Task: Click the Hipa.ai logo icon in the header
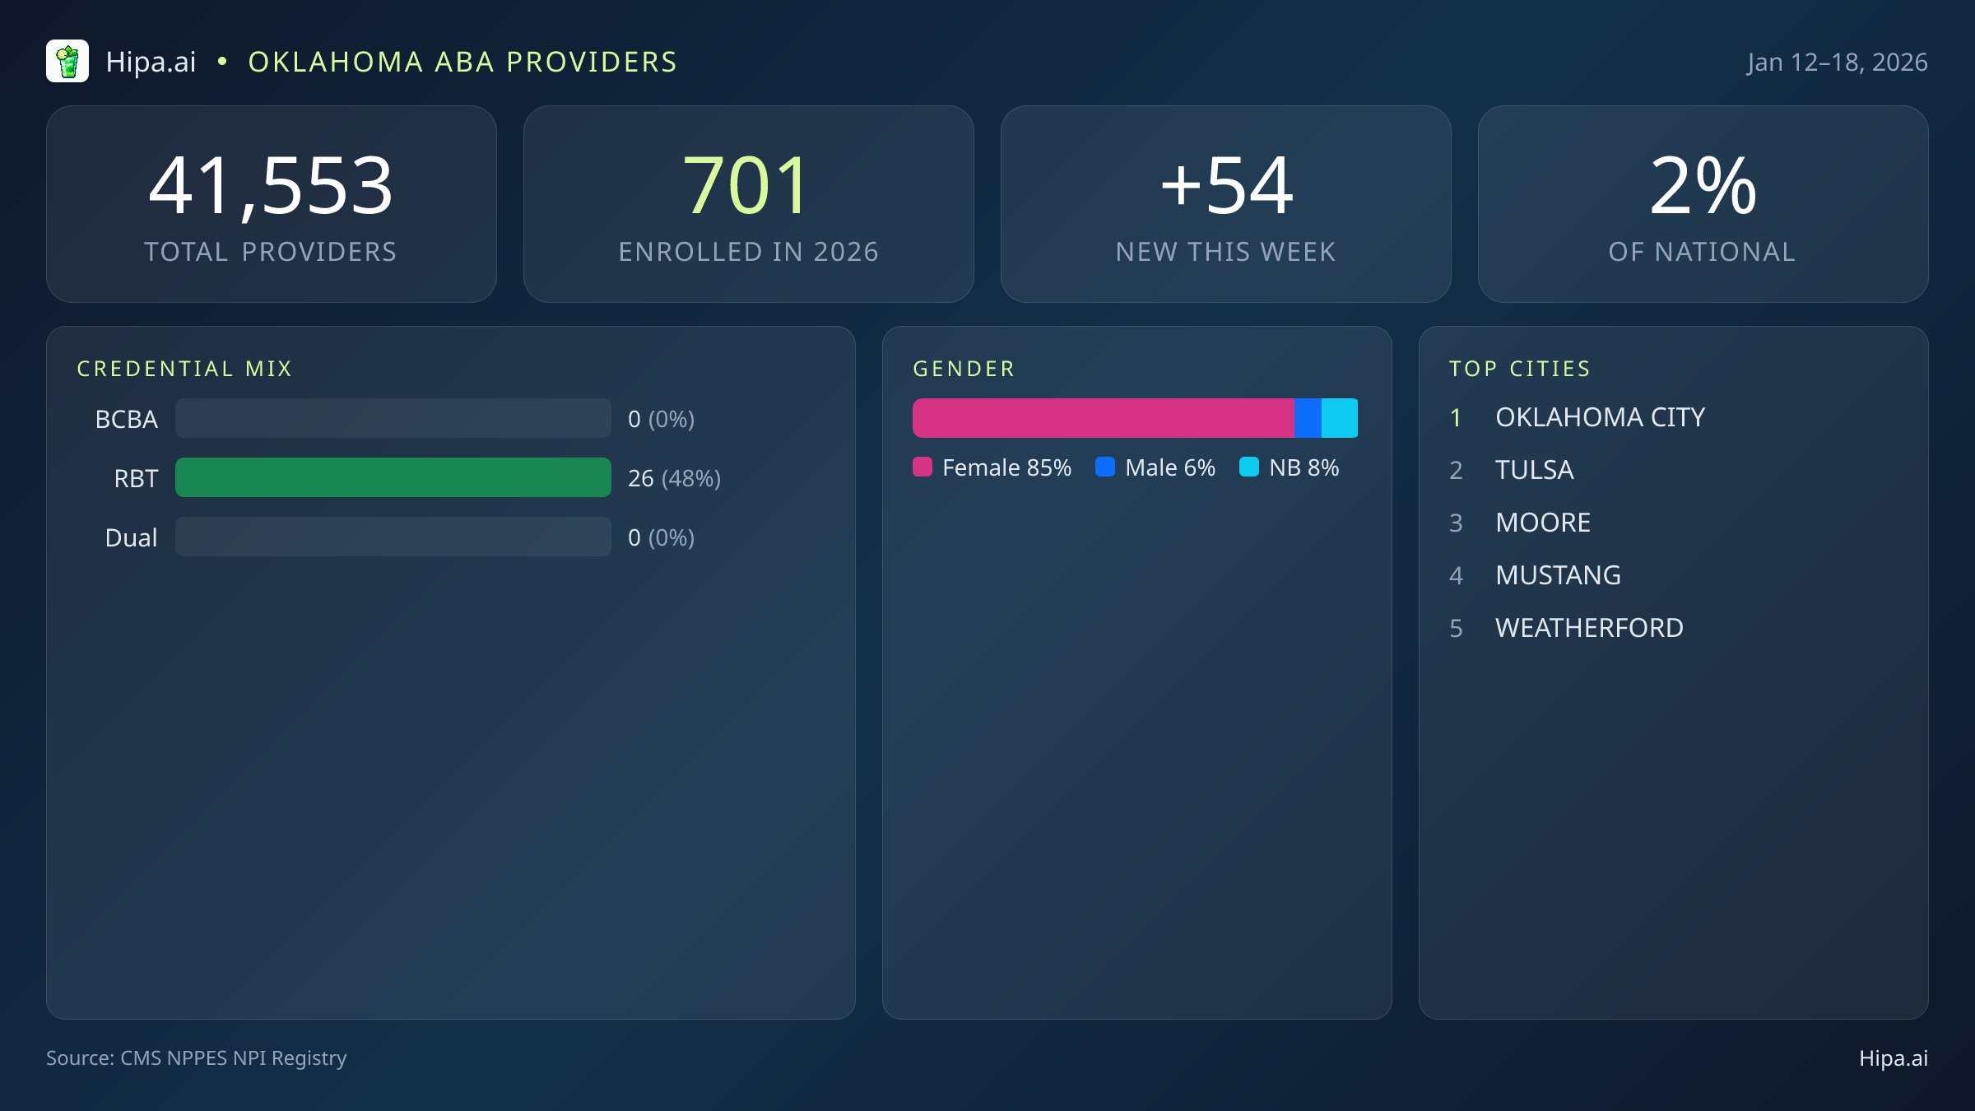tap(67, 62)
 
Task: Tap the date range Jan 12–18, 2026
tap(1837, 63)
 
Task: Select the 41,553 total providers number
tap(271, 187)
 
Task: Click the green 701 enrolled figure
tap(747, 187)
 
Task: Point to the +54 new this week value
tap(1226, 187)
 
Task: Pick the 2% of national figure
tap(1703, 187)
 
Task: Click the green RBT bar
tap(393, 477)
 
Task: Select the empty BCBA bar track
tap(393, 418)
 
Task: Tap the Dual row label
tap(131, 537)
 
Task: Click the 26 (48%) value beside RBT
tap(674, 478)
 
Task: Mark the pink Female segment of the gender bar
tap(1103, 418)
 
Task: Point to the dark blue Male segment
tap(1308, 418)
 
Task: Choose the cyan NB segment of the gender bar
tap(1340, 418)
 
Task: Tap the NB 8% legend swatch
tap(1249, 467)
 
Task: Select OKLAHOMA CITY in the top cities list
tap(1600, 417)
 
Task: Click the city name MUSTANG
tap(1558, 575)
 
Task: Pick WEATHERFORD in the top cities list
tap(1589, 628)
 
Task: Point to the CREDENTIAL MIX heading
tap(184, 369)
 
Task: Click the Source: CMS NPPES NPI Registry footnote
tap(196, 1058)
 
